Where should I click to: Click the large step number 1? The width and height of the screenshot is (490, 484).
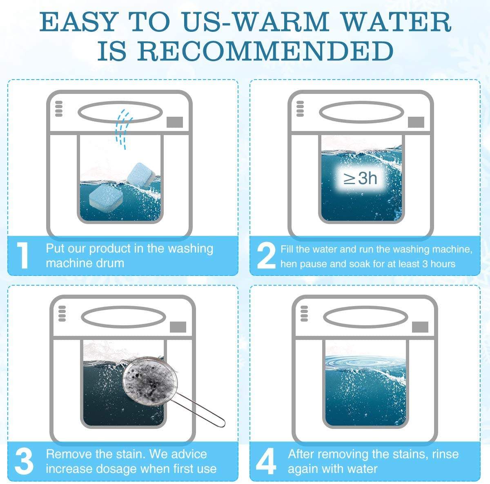[23, 255]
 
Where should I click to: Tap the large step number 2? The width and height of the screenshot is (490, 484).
[266, 255]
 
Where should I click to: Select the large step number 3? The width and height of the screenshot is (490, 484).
[24, 461]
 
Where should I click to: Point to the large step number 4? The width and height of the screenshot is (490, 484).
[266, 461]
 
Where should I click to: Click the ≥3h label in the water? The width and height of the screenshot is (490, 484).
[360, 178]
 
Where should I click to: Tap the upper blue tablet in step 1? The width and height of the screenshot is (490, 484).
[141, 175]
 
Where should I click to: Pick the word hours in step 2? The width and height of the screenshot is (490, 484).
[443, 264]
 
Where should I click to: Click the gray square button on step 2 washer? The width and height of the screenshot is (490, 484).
[416, 122]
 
